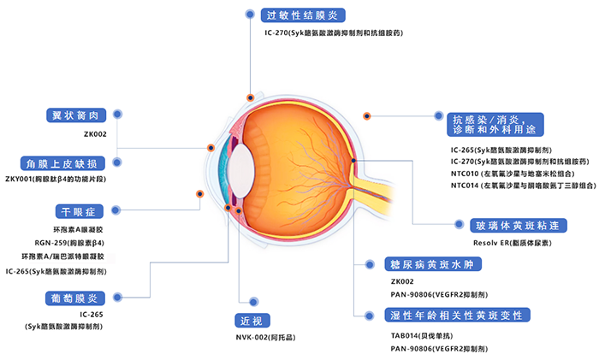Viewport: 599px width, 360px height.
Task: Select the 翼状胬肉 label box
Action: [x=76, y=115]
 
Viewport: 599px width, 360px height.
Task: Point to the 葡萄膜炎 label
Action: [x=76, y=298]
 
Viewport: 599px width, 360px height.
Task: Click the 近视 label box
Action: [x=252, y=321]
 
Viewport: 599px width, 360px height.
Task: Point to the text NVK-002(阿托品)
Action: [x=265, y=338]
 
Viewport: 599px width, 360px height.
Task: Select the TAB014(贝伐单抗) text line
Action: [x=420, y=334]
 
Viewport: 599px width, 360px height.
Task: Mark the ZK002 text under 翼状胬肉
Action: [x=94, y=134]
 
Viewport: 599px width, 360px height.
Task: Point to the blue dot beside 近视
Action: [x=252, y=301]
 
